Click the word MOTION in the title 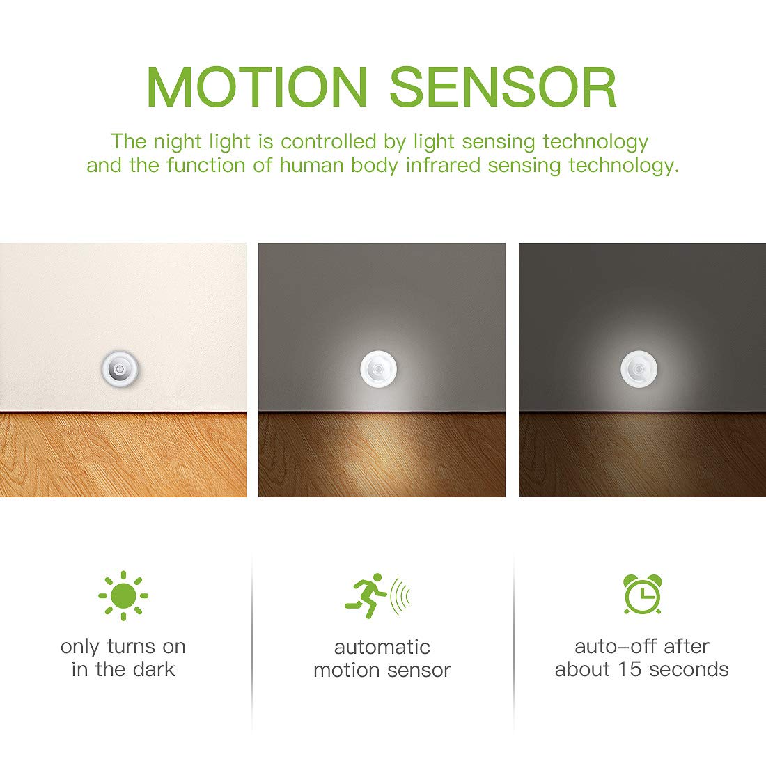coord(257,87)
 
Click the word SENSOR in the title coord(503,87)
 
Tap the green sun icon coord(123,595)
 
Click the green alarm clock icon coord(642,595)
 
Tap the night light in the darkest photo coord(639,367)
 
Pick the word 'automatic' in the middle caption coord(382,647)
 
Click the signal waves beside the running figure coord(400,596)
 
